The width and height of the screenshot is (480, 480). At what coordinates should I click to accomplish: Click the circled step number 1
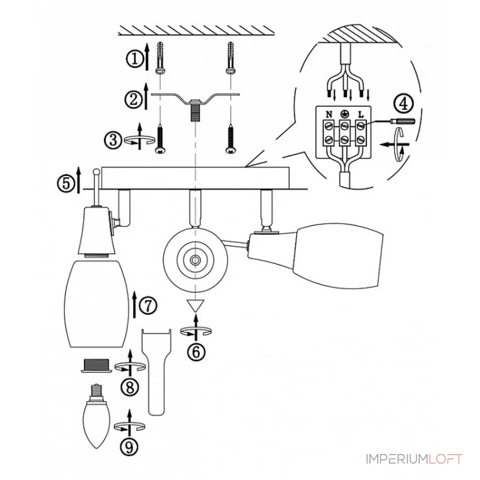pyautogui.click(x=135, y=58)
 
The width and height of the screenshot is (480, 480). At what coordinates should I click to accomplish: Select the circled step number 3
pyautogui.click(x=114, y=140)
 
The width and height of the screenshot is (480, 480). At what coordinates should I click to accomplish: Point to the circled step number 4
pyautogui.click(x=404, y=103)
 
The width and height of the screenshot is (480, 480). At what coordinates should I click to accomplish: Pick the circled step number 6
pyautogui.click(x=196, y=352)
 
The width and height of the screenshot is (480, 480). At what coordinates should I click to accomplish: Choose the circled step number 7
pyautogui.click(x=148, y=305)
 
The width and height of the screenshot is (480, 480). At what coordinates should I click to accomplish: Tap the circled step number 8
pyautogui.click(x=130, y=387)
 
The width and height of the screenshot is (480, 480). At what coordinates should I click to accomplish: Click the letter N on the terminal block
pyautogui.click(x=329, y=114)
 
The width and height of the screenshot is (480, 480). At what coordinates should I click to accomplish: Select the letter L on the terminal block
pyautogui.click(x=361, y=114)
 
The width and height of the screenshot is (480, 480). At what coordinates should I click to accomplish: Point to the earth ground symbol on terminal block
pyautogui.click(x=345, y=114)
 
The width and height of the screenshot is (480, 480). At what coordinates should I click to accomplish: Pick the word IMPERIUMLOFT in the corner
pyautogui.click(x=414, y=459)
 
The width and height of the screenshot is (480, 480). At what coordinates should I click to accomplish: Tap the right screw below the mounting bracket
pyautogui.click(x=231, y=138)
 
